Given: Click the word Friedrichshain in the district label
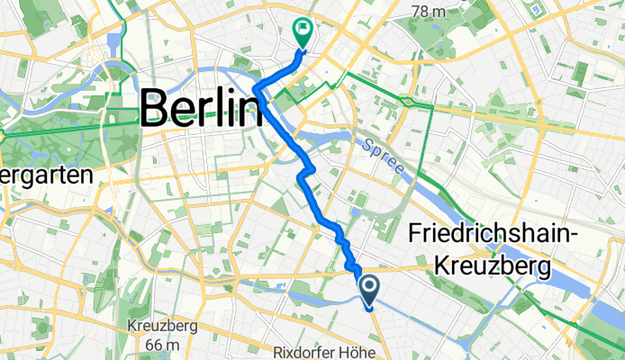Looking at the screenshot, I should click(484, 233).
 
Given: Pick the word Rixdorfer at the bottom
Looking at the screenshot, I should click(309, 348).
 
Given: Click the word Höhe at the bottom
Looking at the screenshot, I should click(364, 348).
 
